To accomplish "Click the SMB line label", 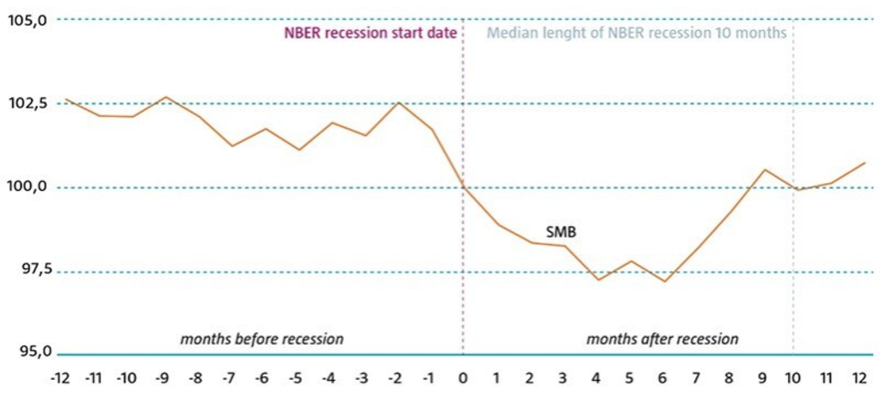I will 561,232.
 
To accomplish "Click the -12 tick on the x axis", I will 60,379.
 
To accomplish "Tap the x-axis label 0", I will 463,379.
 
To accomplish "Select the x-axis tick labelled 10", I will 792,379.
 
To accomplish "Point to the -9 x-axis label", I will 160,379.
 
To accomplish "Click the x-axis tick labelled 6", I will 663,379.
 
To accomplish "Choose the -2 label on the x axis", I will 396,379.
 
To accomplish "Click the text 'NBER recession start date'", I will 370,35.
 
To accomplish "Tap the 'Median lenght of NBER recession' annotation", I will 637,35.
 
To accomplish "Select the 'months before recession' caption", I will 262,339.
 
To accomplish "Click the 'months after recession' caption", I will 662,339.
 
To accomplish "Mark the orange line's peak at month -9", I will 166,97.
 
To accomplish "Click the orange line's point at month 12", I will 864,162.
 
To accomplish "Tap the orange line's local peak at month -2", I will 397,103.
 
